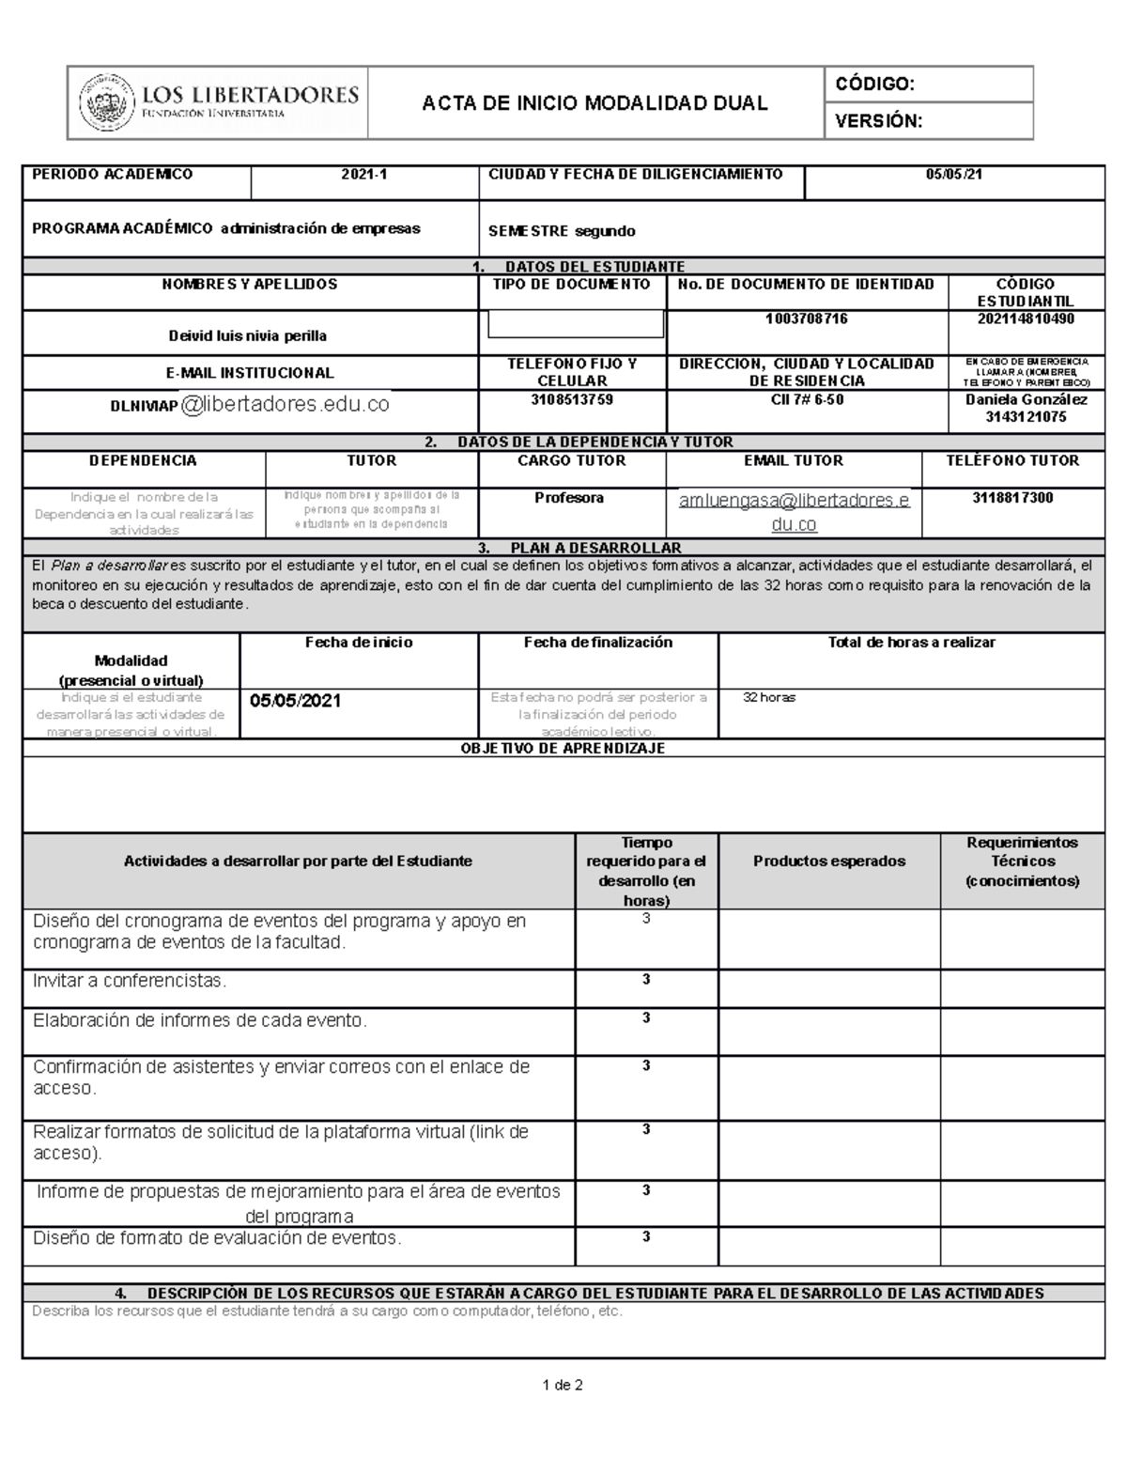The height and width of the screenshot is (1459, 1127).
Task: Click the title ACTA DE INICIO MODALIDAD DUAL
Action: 594,102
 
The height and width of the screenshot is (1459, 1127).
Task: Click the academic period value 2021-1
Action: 364,175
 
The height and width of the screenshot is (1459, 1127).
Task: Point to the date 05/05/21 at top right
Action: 954,175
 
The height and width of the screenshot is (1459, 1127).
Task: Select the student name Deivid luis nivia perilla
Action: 248,335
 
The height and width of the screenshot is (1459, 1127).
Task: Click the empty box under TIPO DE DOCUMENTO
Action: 576,324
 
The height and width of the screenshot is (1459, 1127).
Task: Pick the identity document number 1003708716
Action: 806,319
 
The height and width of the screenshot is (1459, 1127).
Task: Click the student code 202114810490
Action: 1026,319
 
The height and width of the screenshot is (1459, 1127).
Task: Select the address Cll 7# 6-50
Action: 806,399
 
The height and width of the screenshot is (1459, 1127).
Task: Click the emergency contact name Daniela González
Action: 1026,399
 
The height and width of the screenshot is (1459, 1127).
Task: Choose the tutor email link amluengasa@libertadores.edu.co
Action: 794,512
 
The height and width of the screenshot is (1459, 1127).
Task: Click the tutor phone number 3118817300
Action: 1012,498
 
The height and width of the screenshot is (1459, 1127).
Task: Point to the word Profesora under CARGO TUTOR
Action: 569,498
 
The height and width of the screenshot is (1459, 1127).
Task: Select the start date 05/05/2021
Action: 296,702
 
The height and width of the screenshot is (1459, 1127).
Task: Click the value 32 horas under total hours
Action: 769,698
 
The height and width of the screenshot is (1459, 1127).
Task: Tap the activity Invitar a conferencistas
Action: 131,981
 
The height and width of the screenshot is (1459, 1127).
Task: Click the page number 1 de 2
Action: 563,1386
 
